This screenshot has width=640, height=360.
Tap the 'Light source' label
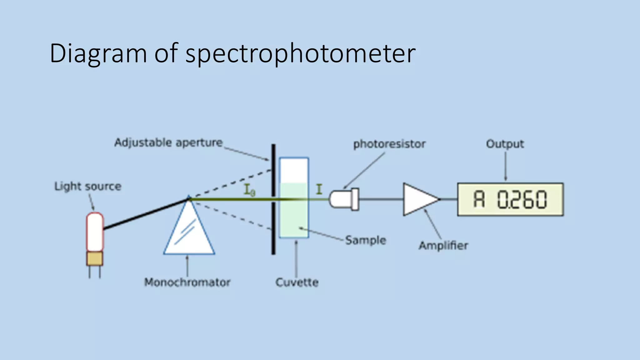pyautogui.click(x=88, y=187)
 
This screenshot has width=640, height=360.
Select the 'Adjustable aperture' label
pyautogui.click(x=168, y=143)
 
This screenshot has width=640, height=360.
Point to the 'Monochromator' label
pyautogui.click(x=187, y=282)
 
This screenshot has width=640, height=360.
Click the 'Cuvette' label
pyautogui.click(x=297, y=282)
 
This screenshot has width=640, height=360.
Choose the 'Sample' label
pyautogui.click(x=366, y=240)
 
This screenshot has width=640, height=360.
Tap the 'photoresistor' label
pyautogui.click(x=389, y=144)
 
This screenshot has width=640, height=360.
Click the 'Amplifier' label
pyautogui.click(x=443, y=246)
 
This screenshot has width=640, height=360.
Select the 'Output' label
pyautogui.click(x=505, y=144)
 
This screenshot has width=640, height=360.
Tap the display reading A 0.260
pyautogui.click(x=510, y=199)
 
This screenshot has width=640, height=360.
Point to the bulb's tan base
pyautogui.click(x=95, y=259)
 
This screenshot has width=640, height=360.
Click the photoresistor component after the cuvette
pyautogui.click(x=344, y=199)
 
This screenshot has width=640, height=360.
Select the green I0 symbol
pyautogui.click(x=249, y=190)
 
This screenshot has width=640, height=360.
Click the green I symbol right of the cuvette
pyautogui.click(x=319, y=189)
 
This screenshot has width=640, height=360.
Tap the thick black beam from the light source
pyautogui.click(x=145, y=214)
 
